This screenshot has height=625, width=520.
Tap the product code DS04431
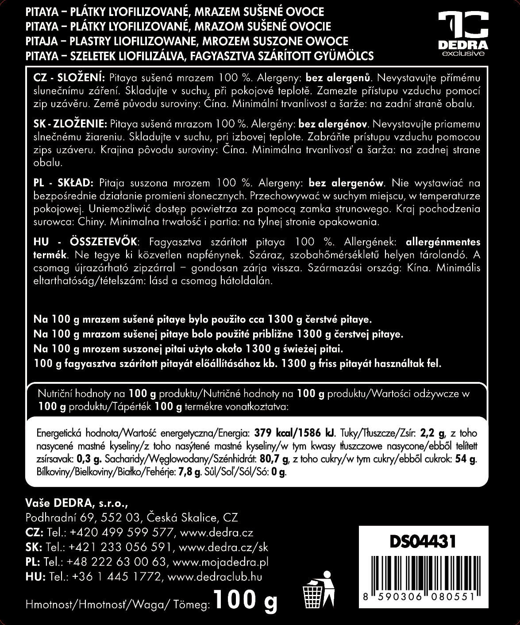(422, 542)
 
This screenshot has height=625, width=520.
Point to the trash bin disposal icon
(318, 591)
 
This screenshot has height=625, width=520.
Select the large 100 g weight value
(245, 600)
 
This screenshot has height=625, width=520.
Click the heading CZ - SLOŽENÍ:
(69, 78)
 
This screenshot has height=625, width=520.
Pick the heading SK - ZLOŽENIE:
(70, 124)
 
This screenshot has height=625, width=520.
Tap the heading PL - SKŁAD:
(63, 183)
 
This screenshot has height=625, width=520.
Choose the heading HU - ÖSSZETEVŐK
(86, 242)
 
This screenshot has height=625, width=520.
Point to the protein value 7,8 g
(189, 472)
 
